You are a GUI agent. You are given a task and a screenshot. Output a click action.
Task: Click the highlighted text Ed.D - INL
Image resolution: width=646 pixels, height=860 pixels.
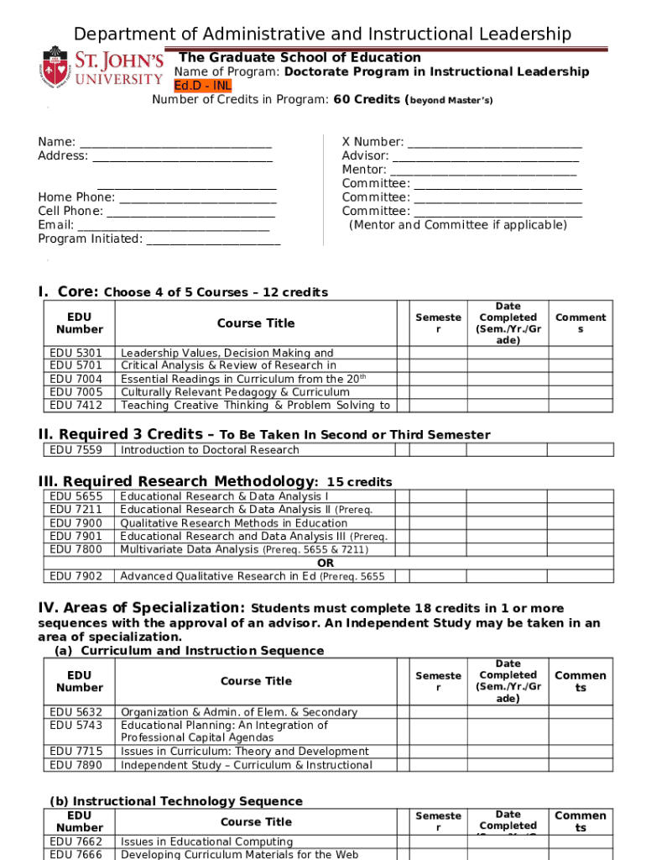(202, 86)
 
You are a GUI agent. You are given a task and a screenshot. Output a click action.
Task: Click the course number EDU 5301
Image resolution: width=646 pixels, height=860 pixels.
(76, 353)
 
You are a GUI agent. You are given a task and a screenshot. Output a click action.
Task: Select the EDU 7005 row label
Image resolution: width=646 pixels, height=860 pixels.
(76, 392)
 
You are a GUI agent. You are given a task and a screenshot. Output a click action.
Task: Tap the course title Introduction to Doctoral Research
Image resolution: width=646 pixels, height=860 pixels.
(210, 450)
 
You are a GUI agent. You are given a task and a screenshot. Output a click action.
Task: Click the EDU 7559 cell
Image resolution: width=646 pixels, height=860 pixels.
(76, 450)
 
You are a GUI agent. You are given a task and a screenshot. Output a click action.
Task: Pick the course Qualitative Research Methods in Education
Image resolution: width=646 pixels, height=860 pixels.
(233, 523)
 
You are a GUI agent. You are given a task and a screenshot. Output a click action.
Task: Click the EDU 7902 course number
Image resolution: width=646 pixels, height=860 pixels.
(76, 576)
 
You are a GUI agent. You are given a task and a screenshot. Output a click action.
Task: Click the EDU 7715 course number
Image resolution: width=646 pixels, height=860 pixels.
(76, 752)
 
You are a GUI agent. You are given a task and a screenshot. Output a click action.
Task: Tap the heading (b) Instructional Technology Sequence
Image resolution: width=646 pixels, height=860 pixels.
(176, 801)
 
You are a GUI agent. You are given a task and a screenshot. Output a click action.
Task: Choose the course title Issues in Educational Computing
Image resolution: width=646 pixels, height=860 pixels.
(206, 842)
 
